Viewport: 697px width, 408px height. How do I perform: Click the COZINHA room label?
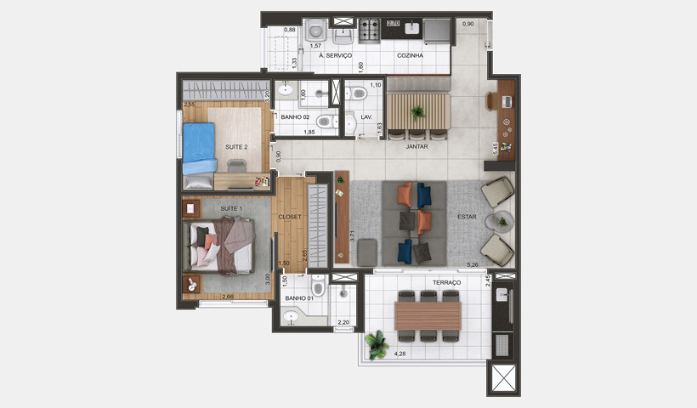410,55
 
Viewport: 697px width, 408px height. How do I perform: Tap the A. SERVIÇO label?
335,55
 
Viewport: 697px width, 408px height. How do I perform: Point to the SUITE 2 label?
236,147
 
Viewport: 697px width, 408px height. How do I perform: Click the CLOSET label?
290,217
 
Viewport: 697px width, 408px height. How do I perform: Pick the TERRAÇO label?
446,282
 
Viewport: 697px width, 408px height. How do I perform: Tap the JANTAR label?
416,146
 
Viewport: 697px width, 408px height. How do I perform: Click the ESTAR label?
467,216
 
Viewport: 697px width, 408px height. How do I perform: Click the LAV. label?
366,116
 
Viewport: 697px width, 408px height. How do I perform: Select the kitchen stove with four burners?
371,31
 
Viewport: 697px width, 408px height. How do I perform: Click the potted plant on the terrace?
377,343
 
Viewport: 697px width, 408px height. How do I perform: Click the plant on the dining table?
416,111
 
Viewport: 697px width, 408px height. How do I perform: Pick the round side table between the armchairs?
501,221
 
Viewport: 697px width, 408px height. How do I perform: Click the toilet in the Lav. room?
357,93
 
